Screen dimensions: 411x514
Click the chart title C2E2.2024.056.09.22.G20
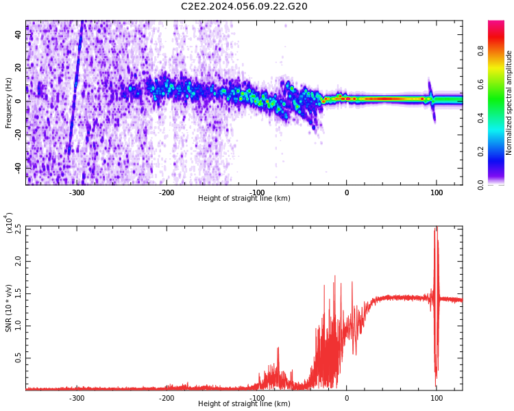click(244, 7)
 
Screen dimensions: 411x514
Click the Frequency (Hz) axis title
click(9, 103)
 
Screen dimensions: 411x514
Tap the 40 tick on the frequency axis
click(19, 34)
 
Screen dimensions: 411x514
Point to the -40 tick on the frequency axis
click(19, 168)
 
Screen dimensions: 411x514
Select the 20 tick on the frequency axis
click(19, 68)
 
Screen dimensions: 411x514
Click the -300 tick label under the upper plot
click(76, 192)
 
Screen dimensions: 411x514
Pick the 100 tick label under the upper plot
click(437, 192)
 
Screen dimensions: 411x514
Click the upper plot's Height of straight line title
click(244, 199)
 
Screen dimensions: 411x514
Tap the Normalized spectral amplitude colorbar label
click(509, 103)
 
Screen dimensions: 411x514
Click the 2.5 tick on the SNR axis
click(19, 228)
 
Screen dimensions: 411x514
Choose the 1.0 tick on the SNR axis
click(19, 326)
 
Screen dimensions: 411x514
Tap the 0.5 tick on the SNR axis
click(19, 358)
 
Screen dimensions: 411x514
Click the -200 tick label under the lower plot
click(166, 398)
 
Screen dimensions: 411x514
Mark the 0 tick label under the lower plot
click(346, 398)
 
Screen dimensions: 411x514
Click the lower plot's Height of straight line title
click(244, 404)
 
